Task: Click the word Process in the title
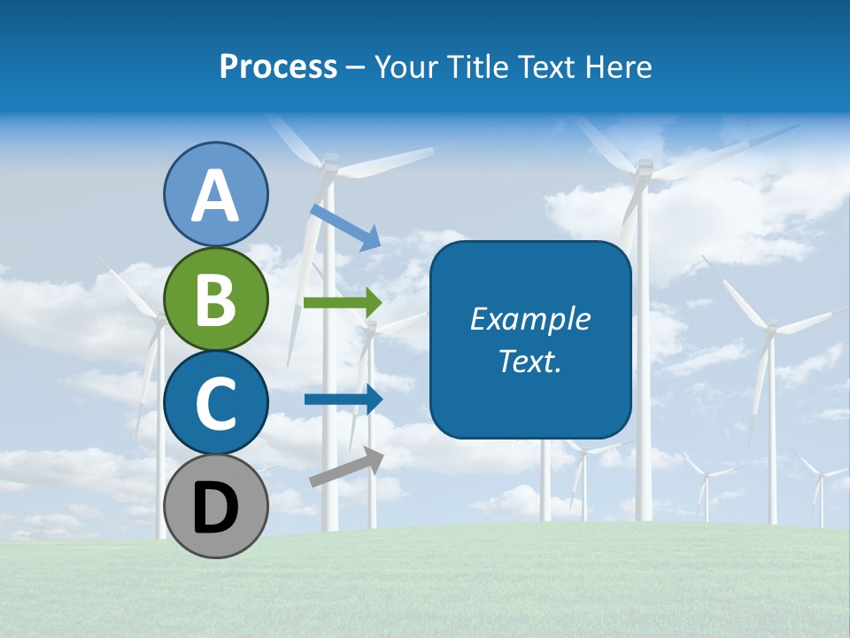(278, 67)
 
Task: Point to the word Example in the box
(529, 319)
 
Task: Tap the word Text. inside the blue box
(529, 362)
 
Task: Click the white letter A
(215, 196)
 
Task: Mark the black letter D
(215, 507)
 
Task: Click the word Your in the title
(406, 67)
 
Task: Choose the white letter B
(215, 300)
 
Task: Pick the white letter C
(215, 404)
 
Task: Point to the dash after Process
(356, 67)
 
